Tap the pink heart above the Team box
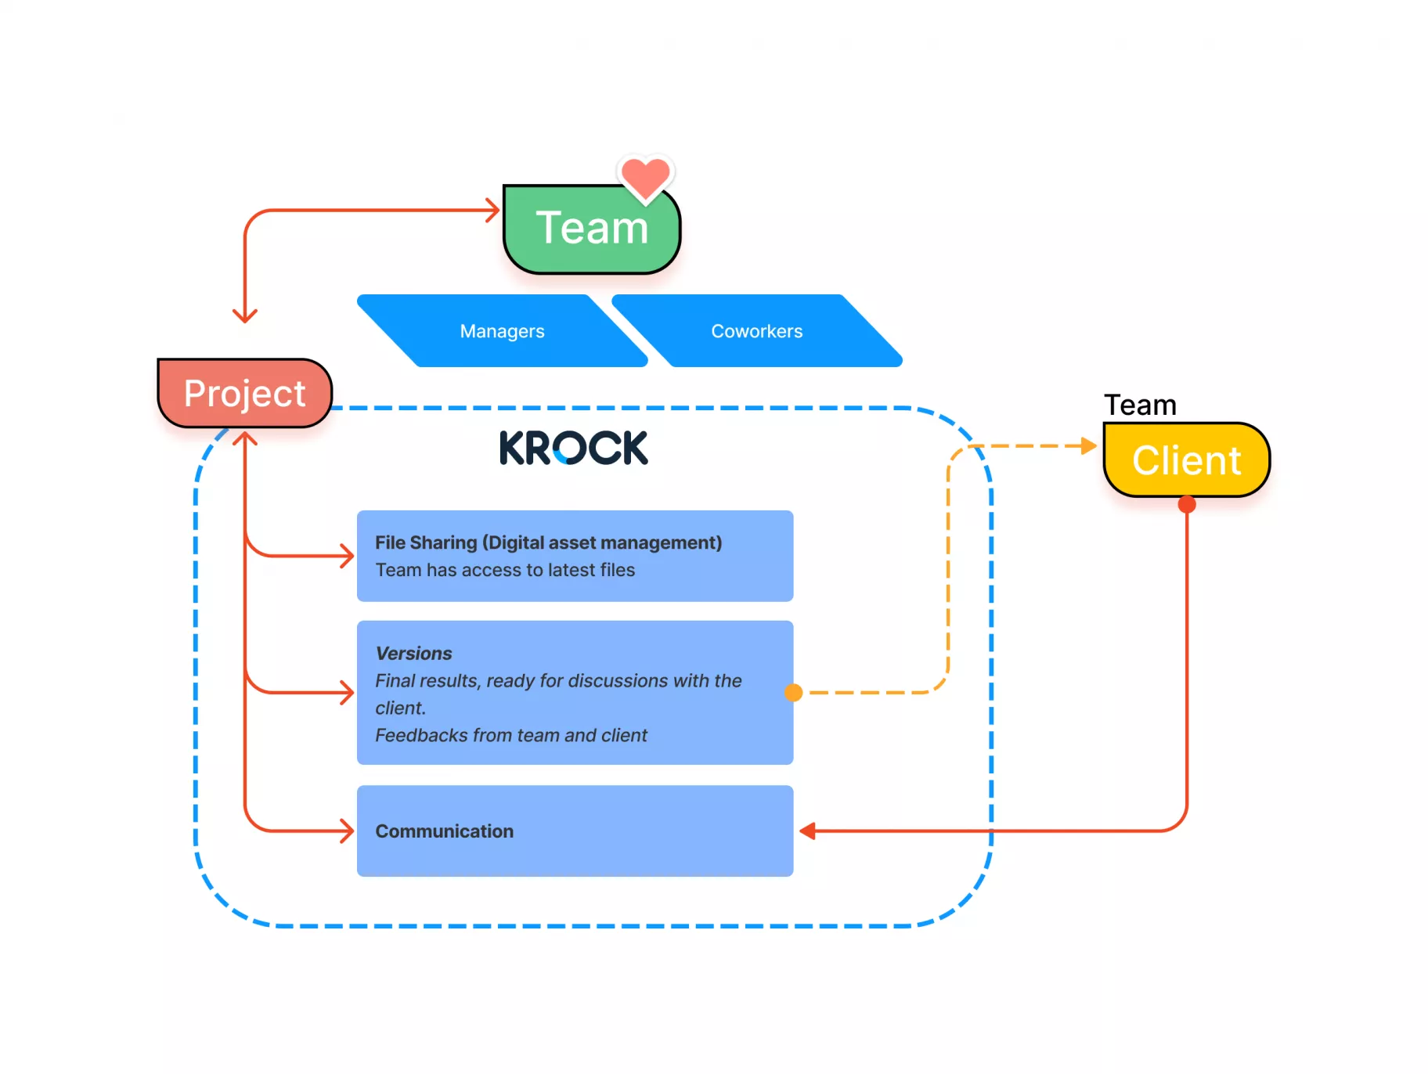tap(645, 177)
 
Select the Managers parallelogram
tap(502, 331)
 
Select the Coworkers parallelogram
tap(756, 331)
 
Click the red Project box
tap(244, 393)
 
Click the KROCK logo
tap(573, 448)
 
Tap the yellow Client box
tap(1186, 460)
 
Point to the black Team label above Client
tap(1140, 405)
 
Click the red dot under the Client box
tap(1187, 505)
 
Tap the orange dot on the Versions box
tap(793, 693)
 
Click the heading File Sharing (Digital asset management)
tap(548, 542)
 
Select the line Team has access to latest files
tap(505, 570)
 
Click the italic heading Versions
tap(413, 654)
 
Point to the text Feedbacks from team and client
tap(510, 735)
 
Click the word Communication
tap(444, 831)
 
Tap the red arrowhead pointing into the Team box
tap(493, 210)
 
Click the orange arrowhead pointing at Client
tap(1088, 446)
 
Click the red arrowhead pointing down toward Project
tap(245, 315)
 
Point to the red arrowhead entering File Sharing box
tap(347, 557)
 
